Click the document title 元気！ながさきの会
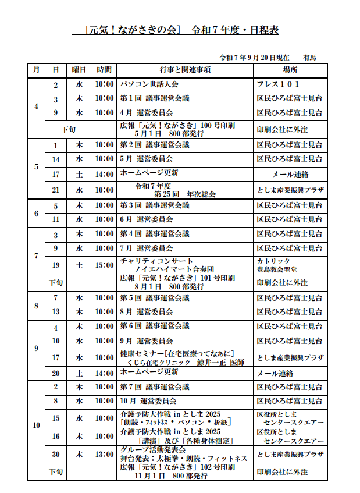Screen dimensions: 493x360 click(133, 30)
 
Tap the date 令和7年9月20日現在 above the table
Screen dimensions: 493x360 click(254, 58)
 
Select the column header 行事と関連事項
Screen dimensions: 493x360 click(184, 70)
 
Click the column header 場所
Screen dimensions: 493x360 click(290, 70)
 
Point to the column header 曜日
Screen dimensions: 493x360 click(79, 70)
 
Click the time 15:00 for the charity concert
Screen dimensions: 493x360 click(105, 265)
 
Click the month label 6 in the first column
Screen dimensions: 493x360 click(36, 213)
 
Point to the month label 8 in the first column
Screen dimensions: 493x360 click(36, 306)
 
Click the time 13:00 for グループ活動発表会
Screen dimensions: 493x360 click(105, 454)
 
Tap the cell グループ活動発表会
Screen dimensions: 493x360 click(153, 450)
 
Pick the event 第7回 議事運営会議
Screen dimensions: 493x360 click(154, 386)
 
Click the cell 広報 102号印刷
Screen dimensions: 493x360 click(177, 471)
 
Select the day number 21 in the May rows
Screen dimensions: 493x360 click(56, 190)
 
